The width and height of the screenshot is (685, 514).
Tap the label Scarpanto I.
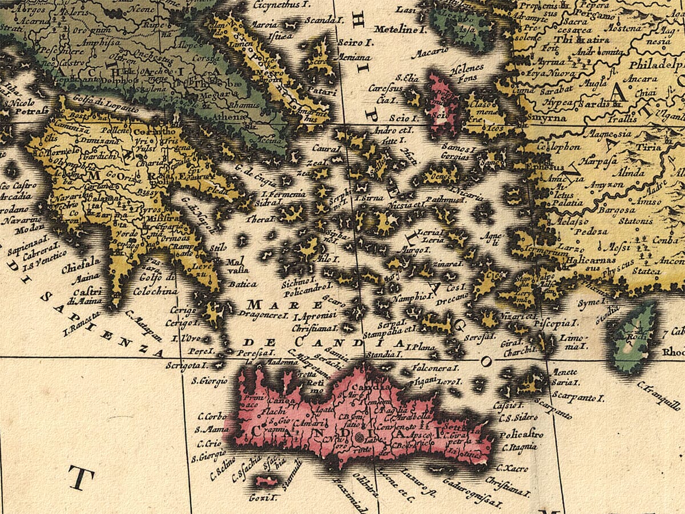(x=578, y=397)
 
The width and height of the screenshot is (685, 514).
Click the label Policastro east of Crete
(x=519, y=435)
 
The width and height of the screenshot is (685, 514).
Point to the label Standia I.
(x=381, y=355)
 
